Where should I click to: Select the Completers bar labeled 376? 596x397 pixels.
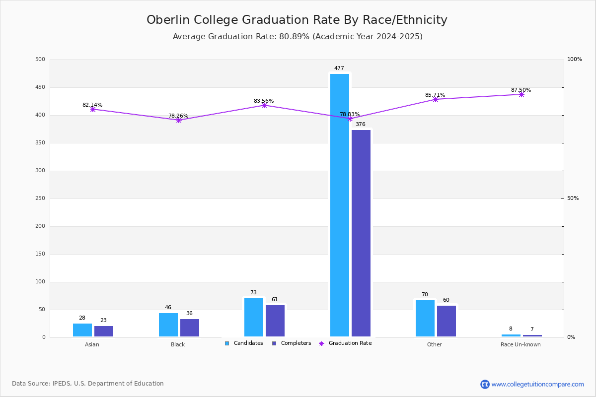(361, 233)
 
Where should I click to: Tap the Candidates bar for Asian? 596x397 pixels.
(82, 330)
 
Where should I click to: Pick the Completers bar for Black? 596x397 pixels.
(190, 328)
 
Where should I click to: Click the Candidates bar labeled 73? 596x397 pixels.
(254, 317)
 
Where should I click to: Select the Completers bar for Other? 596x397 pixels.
(447, 321)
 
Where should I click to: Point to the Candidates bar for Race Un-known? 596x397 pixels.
(511, 335)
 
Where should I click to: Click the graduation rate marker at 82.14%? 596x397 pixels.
(93, 109)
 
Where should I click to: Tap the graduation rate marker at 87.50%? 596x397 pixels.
(521, 94)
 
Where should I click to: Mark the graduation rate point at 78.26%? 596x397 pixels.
(179, 120)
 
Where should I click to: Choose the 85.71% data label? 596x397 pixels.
(435, 95)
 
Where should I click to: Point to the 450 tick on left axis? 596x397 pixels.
(40, 87)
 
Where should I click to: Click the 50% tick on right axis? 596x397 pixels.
(573, 198)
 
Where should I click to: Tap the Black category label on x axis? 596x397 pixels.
(178, 344)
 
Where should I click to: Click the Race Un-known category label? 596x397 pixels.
(521, 344)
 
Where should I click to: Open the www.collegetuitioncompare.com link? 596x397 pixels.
(537, 384)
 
